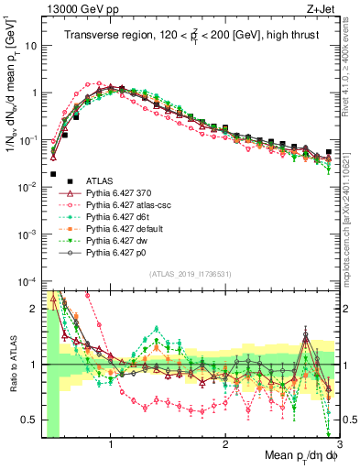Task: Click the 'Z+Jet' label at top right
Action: tap(322, 9)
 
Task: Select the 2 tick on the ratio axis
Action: tap(34, 309)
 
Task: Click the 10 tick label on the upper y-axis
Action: tap(30, 45)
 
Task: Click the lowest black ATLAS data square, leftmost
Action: tap(53, 173)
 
